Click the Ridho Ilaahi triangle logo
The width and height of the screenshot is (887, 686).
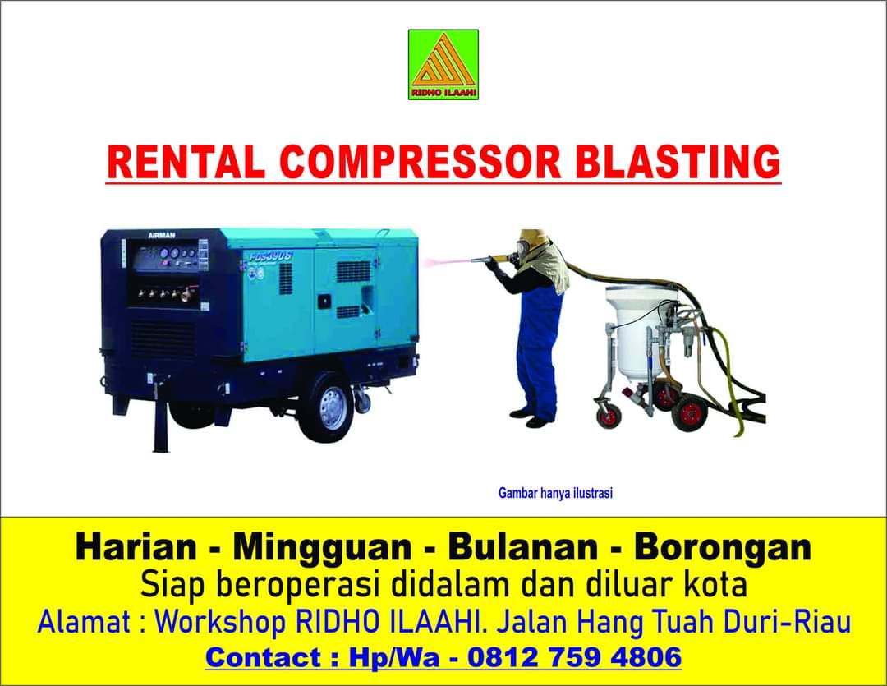pyautogui.click(x=443, y=65)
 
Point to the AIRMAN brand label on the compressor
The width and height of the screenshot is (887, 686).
pyautogui.click(x=161, y=236)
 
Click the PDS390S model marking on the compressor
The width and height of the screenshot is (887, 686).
pyautogui.click(x=270, y=256)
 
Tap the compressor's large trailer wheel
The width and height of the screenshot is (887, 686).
pyautogui.click(x=326, y=407)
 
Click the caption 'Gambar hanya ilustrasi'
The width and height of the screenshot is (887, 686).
pyautogui.click(x=555, y=493)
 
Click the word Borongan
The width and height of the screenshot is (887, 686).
pyautogui.click(x=723, y=549)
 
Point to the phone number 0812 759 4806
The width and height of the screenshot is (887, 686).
pyautogui.click(x=575, y=657)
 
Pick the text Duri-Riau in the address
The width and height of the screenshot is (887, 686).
pyautogui.click(x=788, y=622)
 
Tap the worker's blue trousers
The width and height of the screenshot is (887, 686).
pyautogui.click(x=539, y=351)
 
